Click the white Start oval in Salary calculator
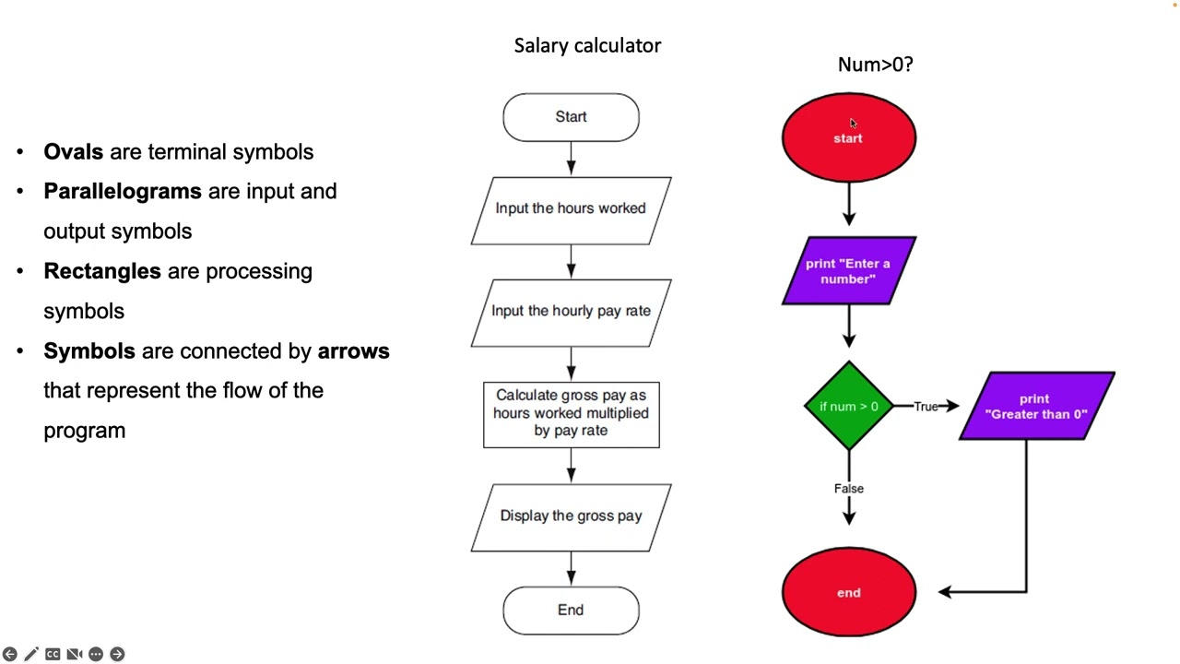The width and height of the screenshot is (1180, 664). tap(571, 117)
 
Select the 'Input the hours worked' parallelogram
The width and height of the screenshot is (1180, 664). tap(571, 209)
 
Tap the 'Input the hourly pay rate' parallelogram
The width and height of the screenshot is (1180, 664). tap(571, 312)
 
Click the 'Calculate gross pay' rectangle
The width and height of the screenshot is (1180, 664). tap(571, 413)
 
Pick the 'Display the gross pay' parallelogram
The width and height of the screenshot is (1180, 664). tap(571, 516)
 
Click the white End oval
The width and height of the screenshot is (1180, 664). tap(571, 610)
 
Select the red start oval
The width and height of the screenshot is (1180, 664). tap(848, 137)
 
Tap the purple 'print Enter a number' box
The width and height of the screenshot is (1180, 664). tap(848, 271)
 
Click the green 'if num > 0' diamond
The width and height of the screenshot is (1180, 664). tap(848, 407)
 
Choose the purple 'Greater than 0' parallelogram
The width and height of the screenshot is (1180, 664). tap(1036, 407)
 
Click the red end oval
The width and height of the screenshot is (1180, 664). tap(848, 592)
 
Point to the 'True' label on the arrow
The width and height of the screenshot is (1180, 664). tap(926, 407)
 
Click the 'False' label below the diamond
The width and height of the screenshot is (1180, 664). tap(848, 489)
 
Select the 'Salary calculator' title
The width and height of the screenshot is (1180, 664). tap(587, 45)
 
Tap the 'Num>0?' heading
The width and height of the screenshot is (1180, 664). tap(875, 65)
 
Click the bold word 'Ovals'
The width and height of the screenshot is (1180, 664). tap(73, 152)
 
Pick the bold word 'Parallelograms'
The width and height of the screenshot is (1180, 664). tap(122, 192)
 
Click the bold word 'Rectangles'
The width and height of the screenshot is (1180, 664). tap(101, 271)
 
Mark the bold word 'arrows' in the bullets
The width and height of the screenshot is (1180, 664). tap(353, 351)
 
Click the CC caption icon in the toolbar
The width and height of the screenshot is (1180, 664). tap(53, 654)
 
